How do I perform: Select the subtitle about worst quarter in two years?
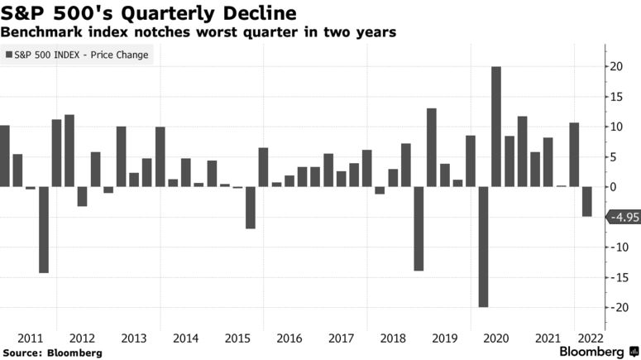(199, 32)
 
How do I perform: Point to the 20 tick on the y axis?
(616, 66)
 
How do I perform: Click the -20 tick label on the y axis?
(616, 307)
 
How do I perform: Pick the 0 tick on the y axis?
(613, 187)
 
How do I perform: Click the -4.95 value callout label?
(623, 218)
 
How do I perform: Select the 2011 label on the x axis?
(30, 338)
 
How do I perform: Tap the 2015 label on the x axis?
(237, 338)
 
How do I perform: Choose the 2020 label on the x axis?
(496, 338)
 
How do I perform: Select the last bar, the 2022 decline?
(586, 202)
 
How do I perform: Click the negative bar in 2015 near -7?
(251, 207)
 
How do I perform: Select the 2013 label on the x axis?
(134, 338)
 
